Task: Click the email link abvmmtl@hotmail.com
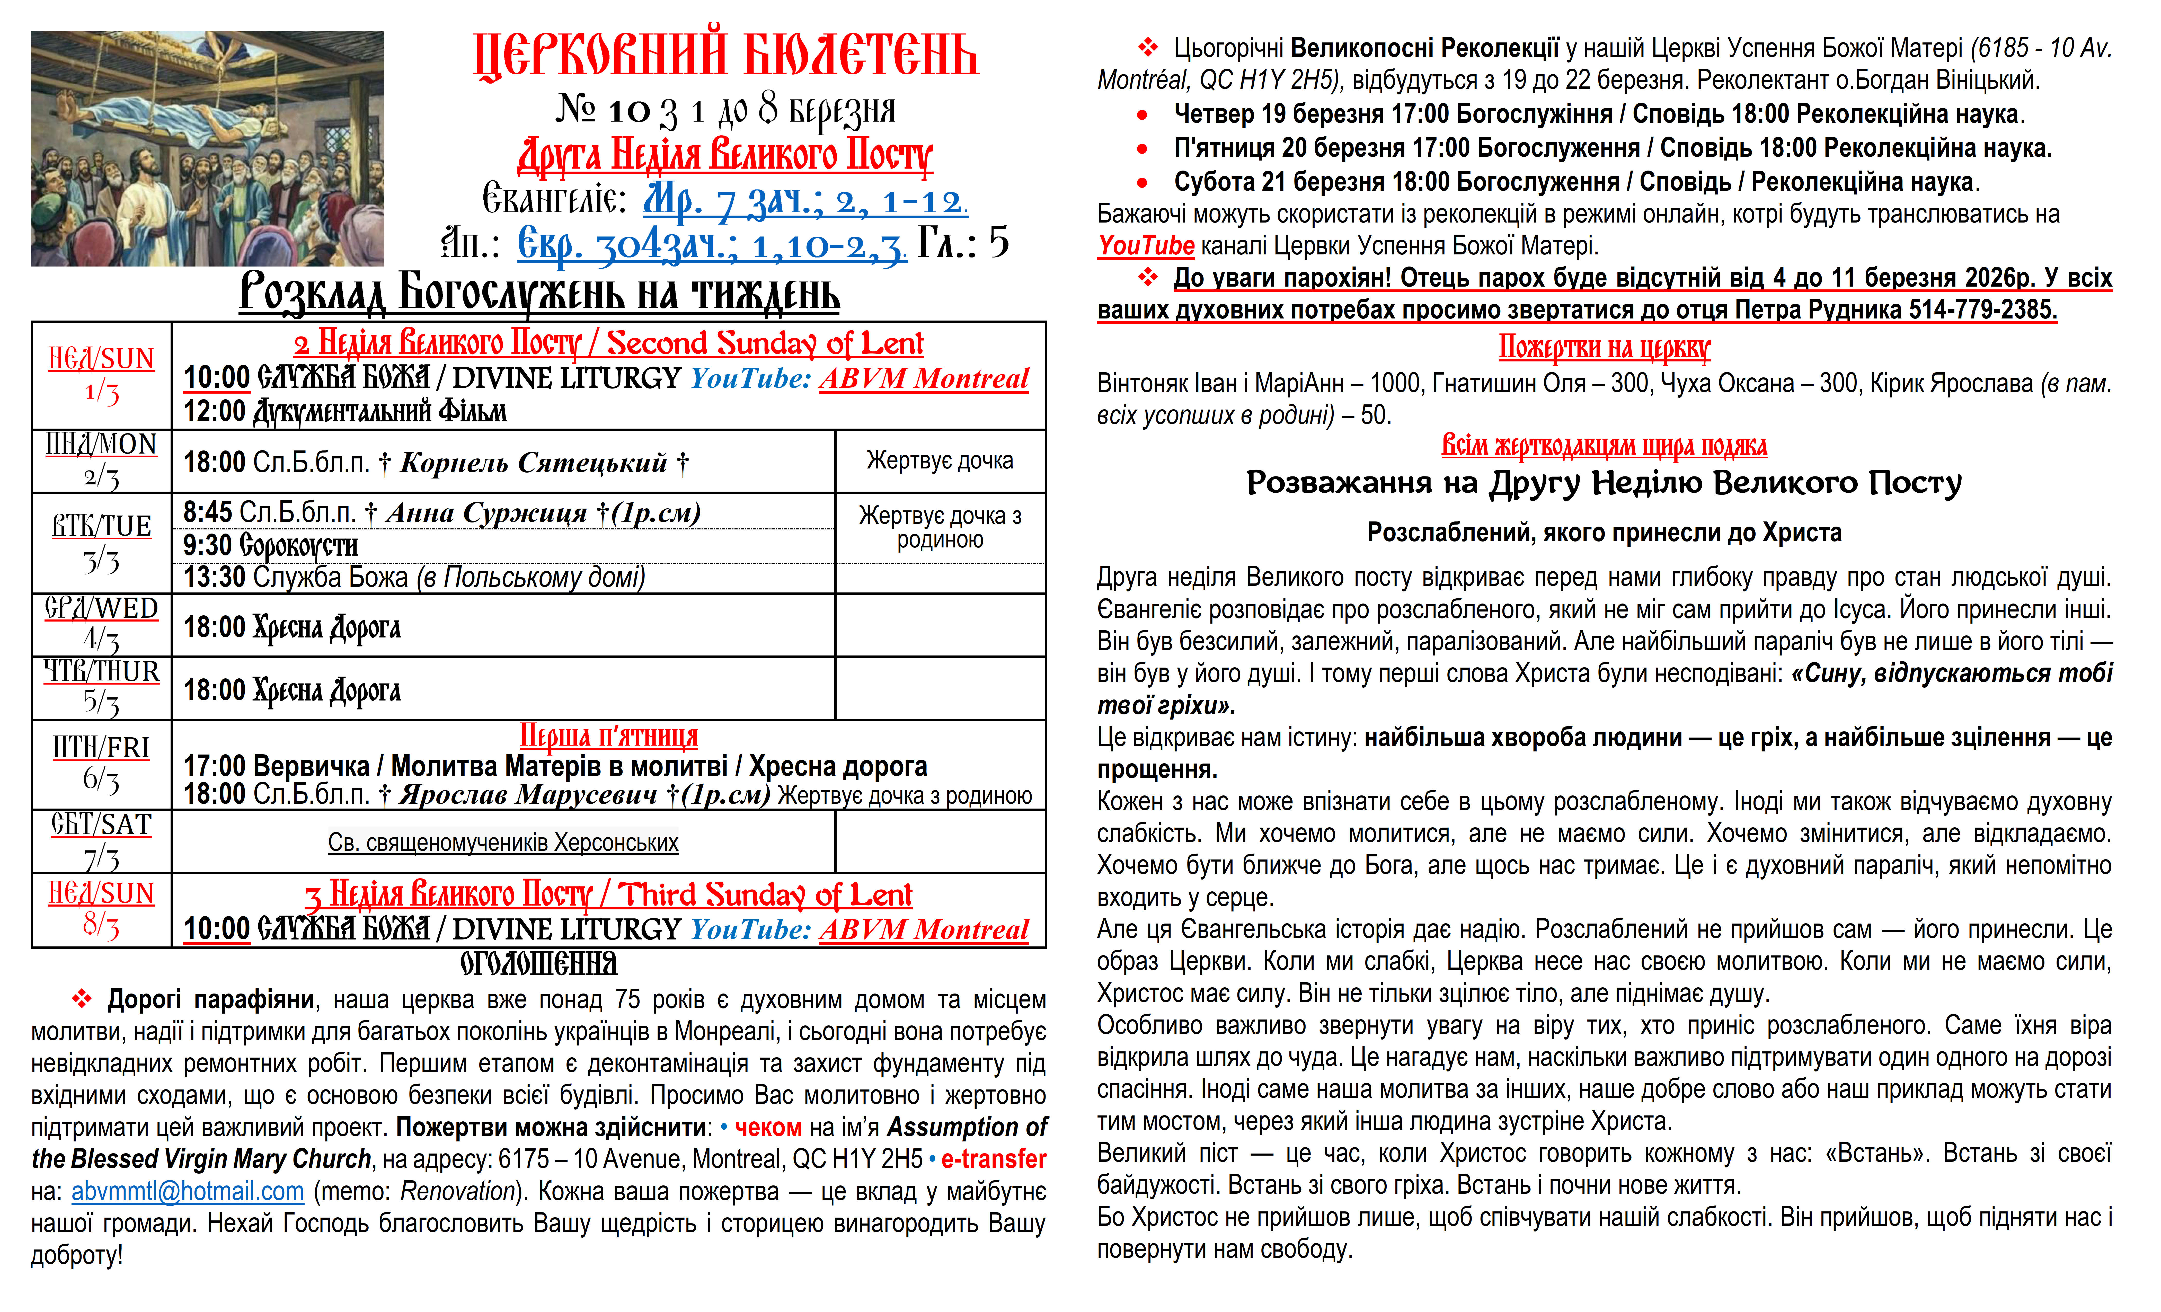pyautogui.click(x=188, y=1192)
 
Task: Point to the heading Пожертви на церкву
pyautogui.click(x=1604, y=348)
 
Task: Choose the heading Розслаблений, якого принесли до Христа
pyautogui.click(x=1604, y=532)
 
